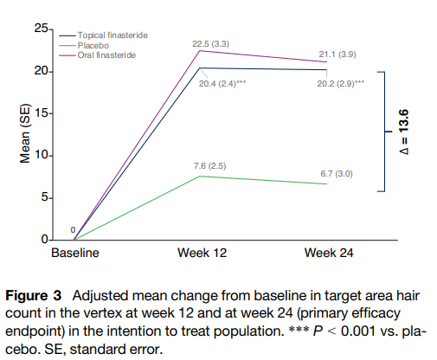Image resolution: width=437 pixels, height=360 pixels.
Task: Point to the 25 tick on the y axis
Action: coord(42,29)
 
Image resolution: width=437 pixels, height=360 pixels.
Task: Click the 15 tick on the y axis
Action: coord(42,113)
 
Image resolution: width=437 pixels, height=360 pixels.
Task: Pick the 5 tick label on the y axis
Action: coord(45,197)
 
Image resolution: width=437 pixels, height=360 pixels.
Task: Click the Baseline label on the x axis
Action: coord(75,253)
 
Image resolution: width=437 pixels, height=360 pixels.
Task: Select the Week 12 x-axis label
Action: coord(202,253)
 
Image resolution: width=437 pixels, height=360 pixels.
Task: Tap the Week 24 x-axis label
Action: coord(329,253)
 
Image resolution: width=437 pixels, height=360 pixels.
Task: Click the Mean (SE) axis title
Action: coord(25,133)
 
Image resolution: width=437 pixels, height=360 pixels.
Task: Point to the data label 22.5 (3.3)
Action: coord(211,44)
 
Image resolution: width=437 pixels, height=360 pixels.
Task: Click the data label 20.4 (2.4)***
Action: coord(222,84)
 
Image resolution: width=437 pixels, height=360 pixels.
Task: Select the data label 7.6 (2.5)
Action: coord(209,166)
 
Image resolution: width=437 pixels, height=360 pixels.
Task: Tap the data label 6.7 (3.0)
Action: coord(337,174)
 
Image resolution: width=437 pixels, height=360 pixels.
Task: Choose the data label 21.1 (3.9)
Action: coord(337,55)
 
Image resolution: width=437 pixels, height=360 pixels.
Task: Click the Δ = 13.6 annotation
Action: coord(404,132)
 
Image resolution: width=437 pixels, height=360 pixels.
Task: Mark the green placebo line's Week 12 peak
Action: coord(200,176)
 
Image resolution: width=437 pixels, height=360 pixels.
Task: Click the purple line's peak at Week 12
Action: coord(200,51)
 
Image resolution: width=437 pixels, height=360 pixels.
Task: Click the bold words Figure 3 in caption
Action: coord(34,296)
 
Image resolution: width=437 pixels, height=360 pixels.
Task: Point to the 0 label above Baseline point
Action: coord(73,230)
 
